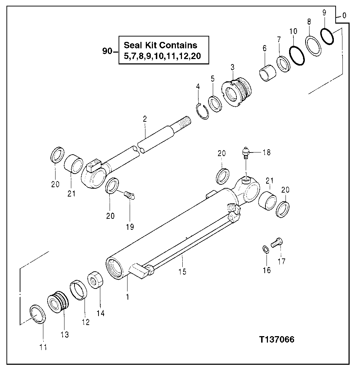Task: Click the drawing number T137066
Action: click(x=277, y=339)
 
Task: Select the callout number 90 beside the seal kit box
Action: click(x=107, y=51)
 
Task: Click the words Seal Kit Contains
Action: click(x=160, y=45)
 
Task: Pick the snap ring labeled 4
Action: click(x=203, y=111)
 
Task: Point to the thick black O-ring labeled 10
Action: click(x=297, y=56)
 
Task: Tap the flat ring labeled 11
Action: click(x=37, y=314)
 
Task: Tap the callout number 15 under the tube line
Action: click(x=182, y=271)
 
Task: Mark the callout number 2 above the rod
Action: click(x=144, y=120)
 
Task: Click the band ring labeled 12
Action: click(x=78, y=289)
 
